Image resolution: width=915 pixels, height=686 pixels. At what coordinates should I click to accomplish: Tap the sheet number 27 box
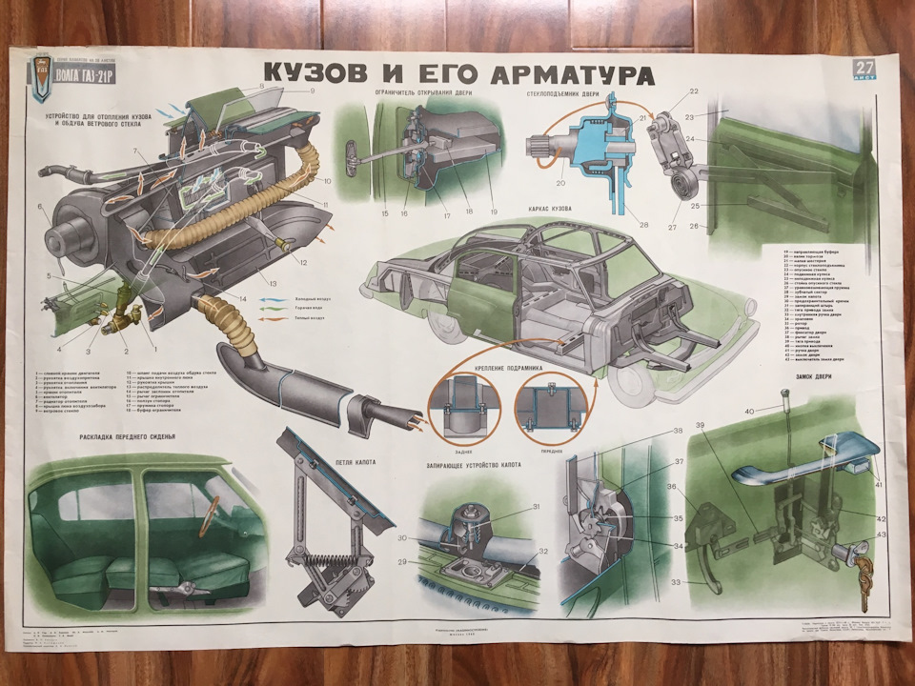click(x=865, y=70)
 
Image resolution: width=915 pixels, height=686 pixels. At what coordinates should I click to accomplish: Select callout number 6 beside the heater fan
click(x=42, y=207)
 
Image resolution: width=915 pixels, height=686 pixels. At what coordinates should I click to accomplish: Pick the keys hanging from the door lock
click(x=864, y=576)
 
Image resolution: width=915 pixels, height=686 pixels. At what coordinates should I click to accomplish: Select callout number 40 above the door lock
click(x=750, y=411)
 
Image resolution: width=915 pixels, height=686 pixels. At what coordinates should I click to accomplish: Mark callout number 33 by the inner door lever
click(x=678, y=580)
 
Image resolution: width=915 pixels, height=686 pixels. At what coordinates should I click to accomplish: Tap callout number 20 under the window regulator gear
click(x=560, y=183)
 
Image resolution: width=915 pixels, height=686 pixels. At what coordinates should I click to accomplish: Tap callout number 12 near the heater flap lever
click(x=303, y=262)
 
